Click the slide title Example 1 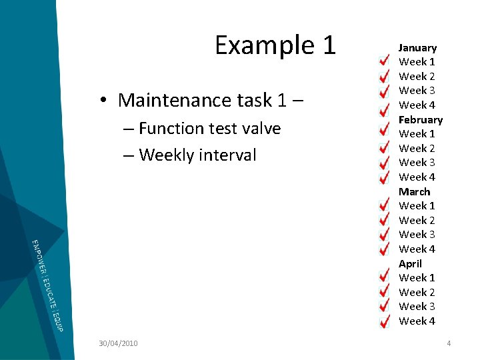point(275,45)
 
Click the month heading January point(417,48)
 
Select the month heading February point(421,120)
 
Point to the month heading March point(415,192)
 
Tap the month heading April point(410,264)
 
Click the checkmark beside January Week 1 point(385,61)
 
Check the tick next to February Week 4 point(385,177)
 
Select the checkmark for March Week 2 point(385,220)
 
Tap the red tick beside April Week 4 point(385,321)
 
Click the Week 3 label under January point(417,91)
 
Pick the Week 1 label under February point(417,134)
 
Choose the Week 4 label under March point(417,249)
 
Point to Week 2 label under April point(417,293)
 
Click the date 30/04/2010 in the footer point(118,343)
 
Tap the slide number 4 point(449,343)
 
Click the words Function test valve point(209,128)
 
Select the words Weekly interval point(197,155)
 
